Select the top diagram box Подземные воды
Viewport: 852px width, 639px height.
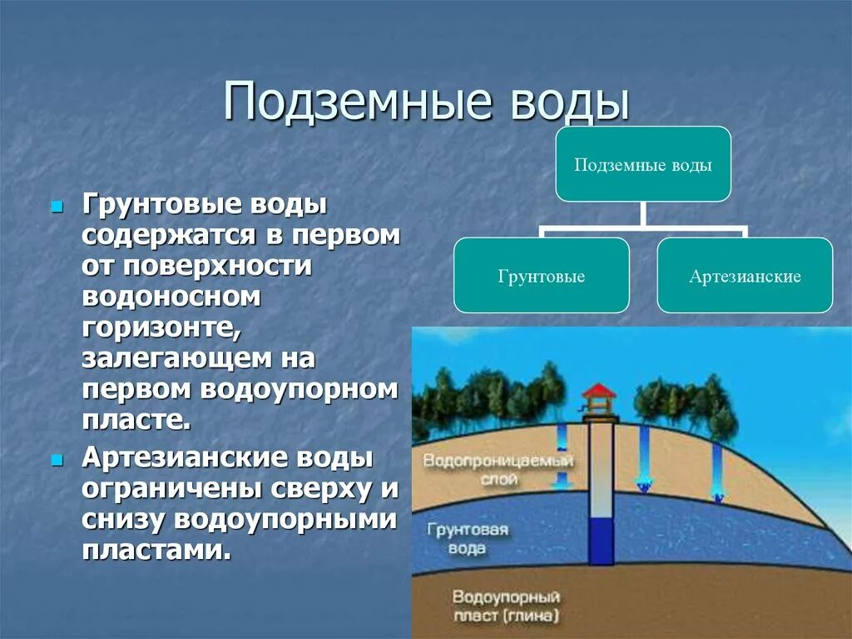pyautogui.click(x=643, y=164)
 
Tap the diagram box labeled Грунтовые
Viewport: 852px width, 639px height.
pyautogui.click(x=541, y=276)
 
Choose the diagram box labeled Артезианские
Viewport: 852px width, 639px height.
pyautogui.click(x=745, y=276)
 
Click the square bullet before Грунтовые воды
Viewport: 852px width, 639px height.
pyautogui.click(x=57, y=205)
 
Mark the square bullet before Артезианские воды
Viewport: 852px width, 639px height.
pyautogui.click(x=57, y=460)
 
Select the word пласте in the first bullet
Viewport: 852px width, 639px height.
pyautogui.click(x=136, y=418)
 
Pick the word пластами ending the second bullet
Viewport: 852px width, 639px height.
pyautogui.click(x=155, y=550)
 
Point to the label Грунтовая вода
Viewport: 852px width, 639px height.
pyautogui.click(x=468, y=539)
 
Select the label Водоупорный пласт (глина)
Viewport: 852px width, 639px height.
pyautogui.click(x=506, y=607)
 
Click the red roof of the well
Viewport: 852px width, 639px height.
pyautogui.click(x=599, y=391)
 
